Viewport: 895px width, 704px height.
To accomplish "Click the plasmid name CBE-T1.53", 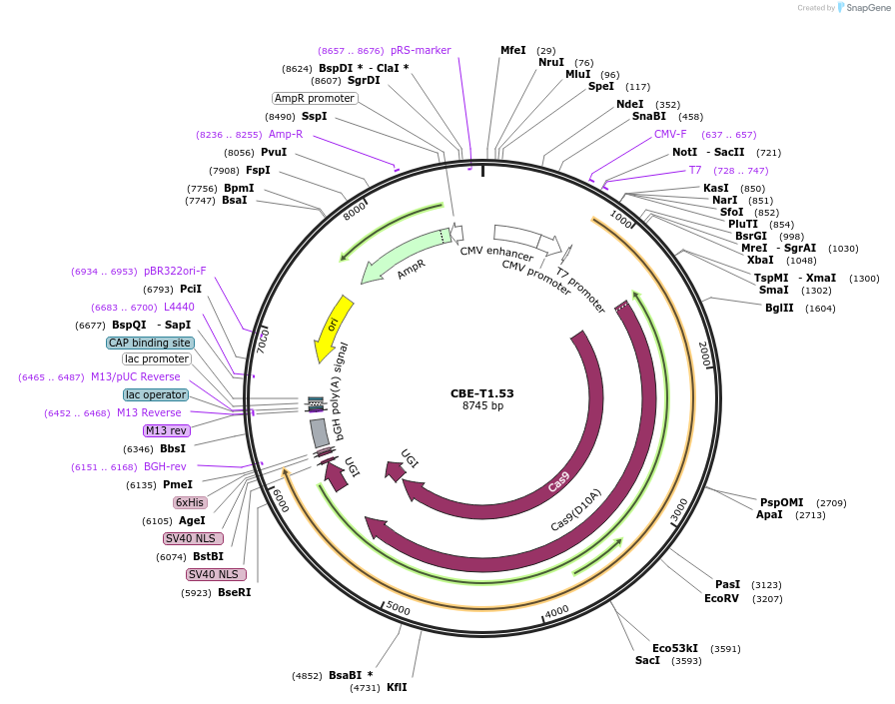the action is coord(481,392).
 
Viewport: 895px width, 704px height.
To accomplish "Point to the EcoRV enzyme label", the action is coord(721,598).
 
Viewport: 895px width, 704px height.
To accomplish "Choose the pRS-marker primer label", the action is coord(421,50).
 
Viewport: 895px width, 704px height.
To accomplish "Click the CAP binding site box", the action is coord(150,343).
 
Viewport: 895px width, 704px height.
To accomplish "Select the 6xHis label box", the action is coord(190,502).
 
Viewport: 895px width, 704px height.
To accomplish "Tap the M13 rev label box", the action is coord(166,430).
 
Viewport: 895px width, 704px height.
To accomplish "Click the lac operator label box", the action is coord(156,394).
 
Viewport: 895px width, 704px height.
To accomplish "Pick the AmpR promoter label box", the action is coord(315,98).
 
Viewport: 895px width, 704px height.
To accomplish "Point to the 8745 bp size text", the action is coord(482,405).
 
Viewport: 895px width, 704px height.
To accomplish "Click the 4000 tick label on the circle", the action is coord(556,610).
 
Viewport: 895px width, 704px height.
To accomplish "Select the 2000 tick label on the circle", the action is coord(704,352).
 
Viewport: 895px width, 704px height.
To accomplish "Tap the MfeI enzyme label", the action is coord(513,50).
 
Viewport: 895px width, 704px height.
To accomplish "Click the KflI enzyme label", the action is coord(397,687).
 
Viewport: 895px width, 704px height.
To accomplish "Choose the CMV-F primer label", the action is coord(670,134).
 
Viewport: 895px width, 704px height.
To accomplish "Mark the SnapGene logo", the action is coord(859,7).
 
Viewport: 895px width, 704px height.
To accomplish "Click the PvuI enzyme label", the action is coord(274,152).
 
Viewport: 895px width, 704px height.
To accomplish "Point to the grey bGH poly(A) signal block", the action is coord(320,432).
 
